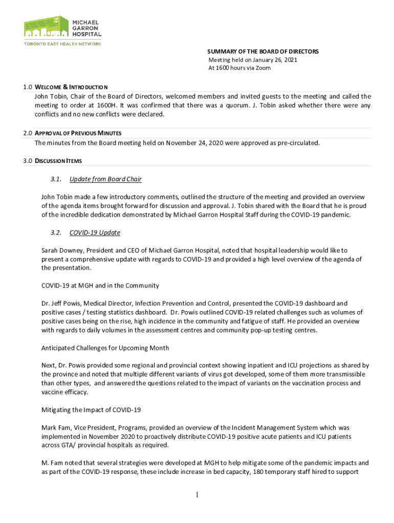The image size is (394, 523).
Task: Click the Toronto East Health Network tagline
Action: [63, 44]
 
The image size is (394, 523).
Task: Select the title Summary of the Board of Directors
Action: [262, 52]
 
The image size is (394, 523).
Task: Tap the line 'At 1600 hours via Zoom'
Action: [239, 68]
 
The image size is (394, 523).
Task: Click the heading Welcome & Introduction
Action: [71, 87]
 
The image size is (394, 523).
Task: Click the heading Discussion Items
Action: [58, 161]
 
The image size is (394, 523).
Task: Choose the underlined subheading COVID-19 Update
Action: [95, 233]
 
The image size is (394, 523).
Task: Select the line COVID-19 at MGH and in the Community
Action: [100, 286]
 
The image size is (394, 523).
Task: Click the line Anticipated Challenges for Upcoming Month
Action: [105, 348]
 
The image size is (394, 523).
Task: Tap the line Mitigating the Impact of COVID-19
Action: [91, 410]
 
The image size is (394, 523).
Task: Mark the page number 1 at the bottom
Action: [196, 495]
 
